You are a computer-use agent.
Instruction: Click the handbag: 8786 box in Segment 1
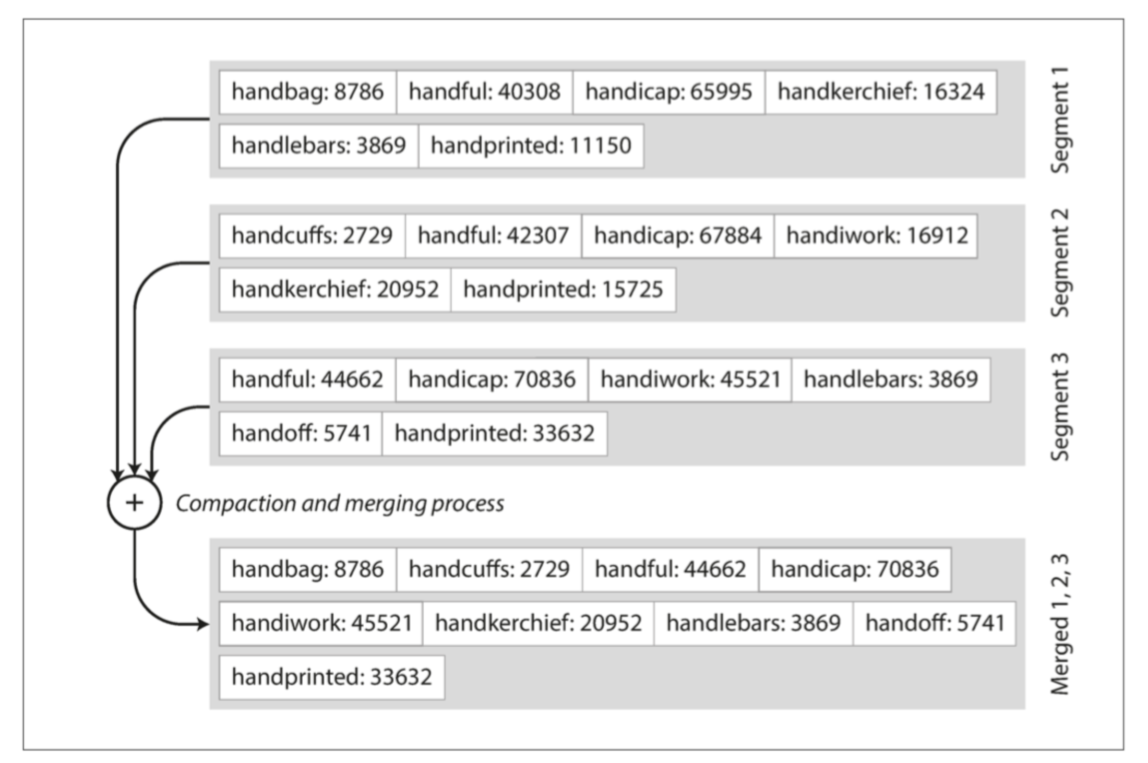307,92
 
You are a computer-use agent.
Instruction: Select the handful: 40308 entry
484,92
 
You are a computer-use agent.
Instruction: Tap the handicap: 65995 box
669,92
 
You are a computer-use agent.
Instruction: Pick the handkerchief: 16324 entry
881,92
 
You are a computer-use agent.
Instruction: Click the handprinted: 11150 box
531,146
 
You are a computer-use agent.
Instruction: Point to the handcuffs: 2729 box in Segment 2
312,236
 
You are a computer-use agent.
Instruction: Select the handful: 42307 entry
494,236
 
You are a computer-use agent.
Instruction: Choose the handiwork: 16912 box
876,236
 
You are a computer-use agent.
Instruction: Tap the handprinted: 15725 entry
564,290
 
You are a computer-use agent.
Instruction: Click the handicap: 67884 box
678,236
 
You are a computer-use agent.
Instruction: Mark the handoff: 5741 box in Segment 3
301,434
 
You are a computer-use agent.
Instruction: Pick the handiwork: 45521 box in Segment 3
690,380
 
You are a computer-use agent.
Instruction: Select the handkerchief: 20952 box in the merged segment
539,624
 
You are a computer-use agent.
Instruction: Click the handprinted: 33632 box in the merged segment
332,677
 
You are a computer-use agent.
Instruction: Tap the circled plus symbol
135,503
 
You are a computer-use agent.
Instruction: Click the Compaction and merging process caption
340,504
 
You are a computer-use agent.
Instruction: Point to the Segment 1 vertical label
1060,120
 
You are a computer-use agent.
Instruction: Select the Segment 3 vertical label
1060,407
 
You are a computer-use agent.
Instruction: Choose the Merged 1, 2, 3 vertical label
1060,624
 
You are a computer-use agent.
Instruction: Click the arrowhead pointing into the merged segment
203,624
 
